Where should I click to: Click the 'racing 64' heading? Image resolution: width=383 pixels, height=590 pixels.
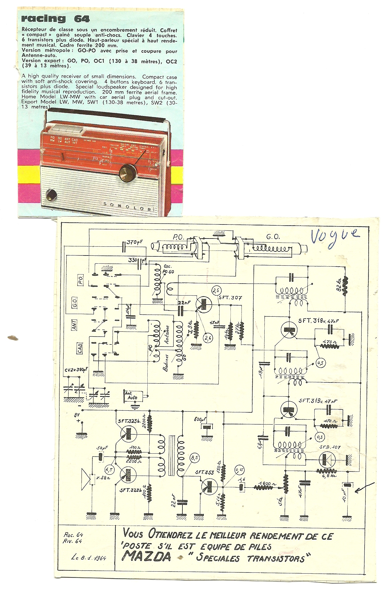click(55, 19)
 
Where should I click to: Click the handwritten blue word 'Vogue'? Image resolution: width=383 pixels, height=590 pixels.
click(334, 236)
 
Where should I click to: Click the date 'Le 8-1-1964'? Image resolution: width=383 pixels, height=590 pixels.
click(89, 558)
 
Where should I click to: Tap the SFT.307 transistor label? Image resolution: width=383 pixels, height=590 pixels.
click(230, 298)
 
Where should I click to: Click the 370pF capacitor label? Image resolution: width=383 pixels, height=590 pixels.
click(134, 242)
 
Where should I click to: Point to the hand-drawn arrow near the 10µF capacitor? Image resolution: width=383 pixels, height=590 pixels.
click(364, 487)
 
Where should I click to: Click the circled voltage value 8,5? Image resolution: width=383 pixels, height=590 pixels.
click(195, 458)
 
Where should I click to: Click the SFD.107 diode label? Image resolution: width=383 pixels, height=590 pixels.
click(330, 447)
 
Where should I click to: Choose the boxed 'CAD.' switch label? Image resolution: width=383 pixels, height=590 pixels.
click(80, 348)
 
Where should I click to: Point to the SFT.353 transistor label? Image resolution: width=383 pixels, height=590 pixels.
click(205, 472)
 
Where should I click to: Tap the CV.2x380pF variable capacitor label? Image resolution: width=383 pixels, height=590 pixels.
click(76, 370)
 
